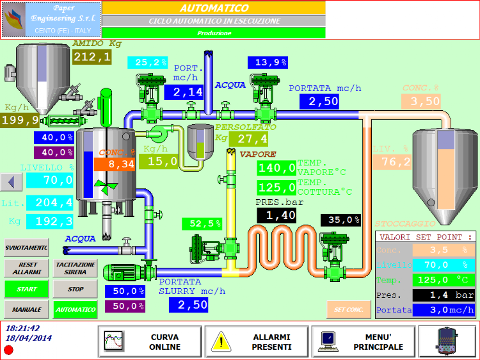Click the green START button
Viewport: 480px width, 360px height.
click(x=26, y=289)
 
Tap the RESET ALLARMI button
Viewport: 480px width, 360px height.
click(x=26, y=268)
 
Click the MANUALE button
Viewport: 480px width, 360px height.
click(x=26, y=310)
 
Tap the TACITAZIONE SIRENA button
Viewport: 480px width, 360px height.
click(x=75, y=268)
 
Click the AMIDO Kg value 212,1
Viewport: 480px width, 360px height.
click(x=92, y=58)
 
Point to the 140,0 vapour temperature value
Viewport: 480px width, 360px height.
click(x=276, y=168)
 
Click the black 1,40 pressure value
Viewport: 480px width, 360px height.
click(x=276, y=215)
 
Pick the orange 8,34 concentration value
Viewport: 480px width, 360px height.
click(x=113, y=164)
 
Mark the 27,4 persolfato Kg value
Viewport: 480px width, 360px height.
click(x=253, y=138)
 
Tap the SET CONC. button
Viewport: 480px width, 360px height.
click(x=349, y=310)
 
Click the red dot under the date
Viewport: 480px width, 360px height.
click(x=8, y=350)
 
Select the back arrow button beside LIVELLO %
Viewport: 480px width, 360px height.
click(x=11, y=181)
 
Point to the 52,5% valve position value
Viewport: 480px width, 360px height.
click(x=202, y=224)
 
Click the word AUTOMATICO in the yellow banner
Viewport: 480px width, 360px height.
click(x=214, y=8)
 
